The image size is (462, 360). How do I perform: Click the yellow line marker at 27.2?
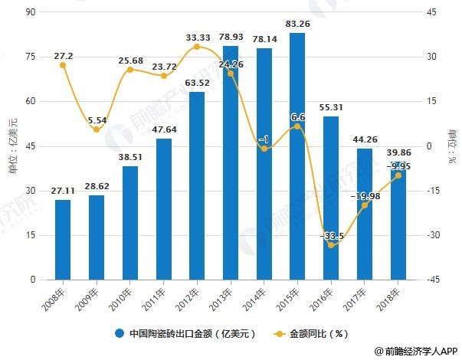63,65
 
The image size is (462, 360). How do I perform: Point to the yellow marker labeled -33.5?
331,244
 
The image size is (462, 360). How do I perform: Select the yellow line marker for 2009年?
97,129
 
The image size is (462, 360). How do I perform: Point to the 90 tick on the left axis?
31,12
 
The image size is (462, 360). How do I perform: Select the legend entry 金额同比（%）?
314,334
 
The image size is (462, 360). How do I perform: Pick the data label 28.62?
97,186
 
